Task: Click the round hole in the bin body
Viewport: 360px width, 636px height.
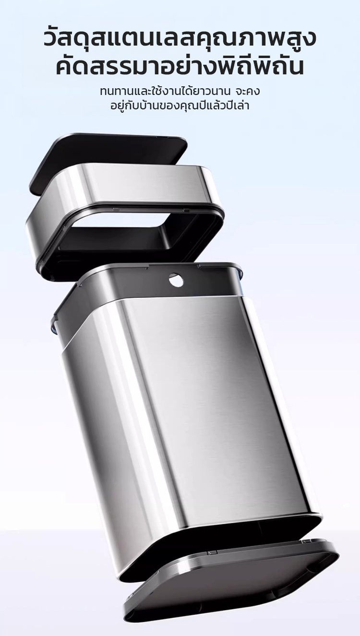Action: tap(176, 281)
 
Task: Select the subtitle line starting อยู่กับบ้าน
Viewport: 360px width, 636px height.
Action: tap(180, 106)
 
